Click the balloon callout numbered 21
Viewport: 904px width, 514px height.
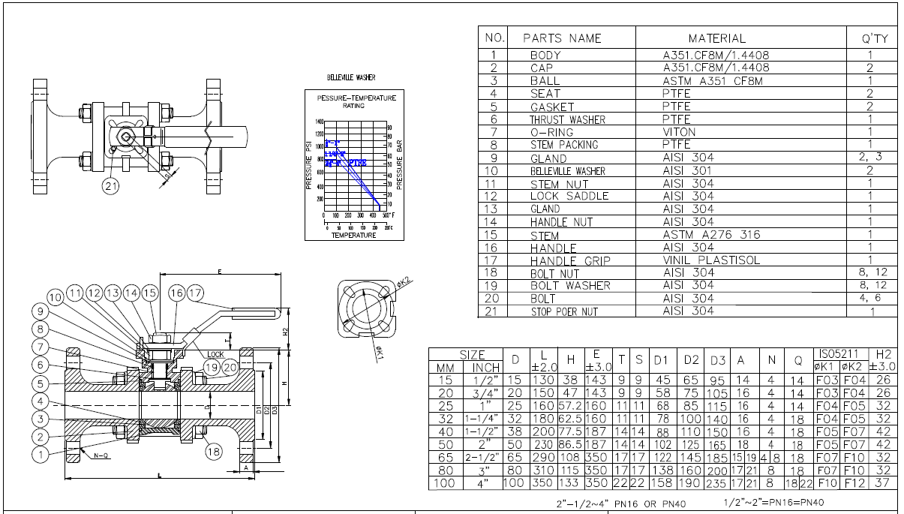coord(111,186)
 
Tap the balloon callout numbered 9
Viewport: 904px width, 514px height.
coord(40,311)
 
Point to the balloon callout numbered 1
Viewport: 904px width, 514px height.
coord(40,452)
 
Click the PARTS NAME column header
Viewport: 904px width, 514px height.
coord(562,38)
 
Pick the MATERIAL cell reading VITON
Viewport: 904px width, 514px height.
coord(679,132)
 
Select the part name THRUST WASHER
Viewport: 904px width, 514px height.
coord(567,120)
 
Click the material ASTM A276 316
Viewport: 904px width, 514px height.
coord(710,235)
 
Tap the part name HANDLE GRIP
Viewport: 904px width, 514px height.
coord(570,261)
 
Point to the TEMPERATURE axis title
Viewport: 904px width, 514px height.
coord(353,236)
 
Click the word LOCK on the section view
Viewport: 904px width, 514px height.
coord(216,354)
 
